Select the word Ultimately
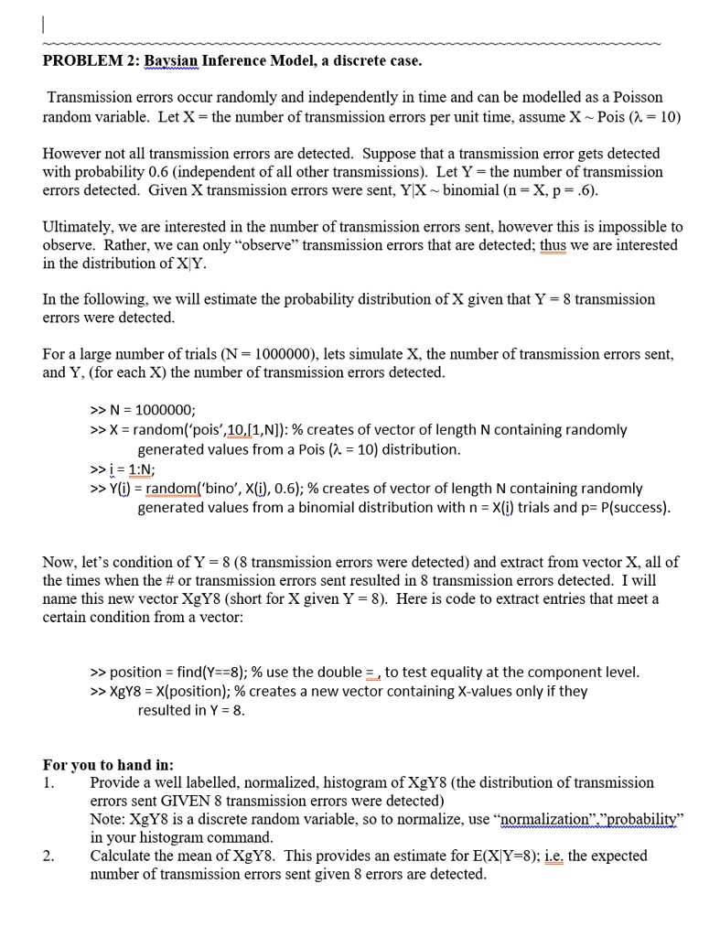pos(81,227)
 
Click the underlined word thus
pos(553,245)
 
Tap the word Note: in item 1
pos(108,820)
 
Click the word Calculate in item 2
pos(123,856)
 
